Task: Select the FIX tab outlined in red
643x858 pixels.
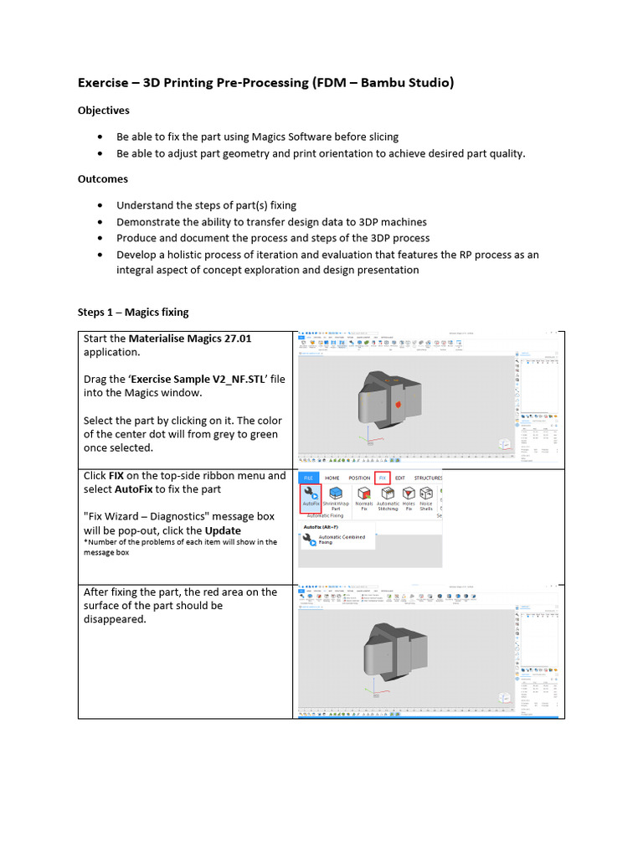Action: point(383,478)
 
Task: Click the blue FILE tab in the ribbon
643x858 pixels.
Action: point(309,478)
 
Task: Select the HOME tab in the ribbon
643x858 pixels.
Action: point(332,478)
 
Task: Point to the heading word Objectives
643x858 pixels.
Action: point(104,110)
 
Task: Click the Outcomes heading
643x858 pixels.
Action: point(103,178)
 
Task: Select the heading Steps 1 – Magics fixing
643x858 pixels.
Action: point(133,312)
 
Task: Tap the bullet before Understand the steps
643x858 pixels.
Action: point(101,205)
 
